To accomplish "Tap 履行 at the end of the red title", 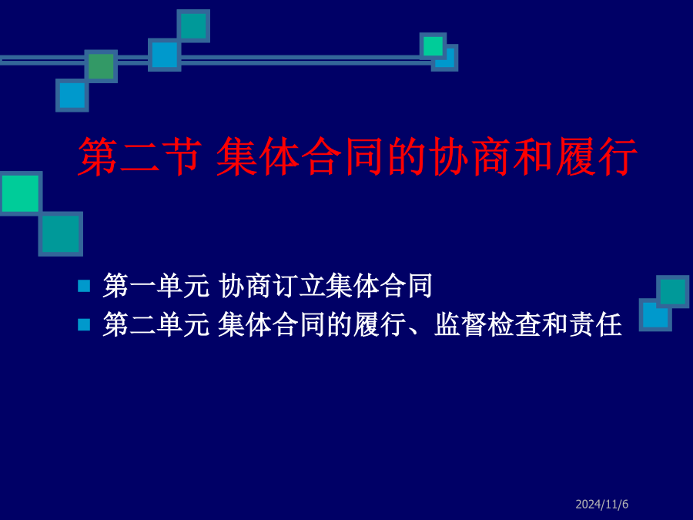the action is click(596, 156).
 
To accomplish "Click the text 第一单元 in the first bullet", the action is click(156, 286).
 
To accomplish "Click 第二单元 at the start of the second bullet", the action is click(156, 324).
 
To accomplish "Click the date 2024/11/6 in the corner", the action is click(601, 504).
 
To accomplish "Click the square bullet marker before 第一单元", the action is click(84, 286).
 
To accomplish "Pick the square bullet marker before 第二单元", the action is click(84, 325).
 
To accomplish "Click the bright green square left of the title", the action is click(21, 193).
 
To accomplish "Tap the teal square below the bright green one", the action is click(61, 234).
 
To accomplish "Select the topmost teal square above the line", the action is click(193, 26).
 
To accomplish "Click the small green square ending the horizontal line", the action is click(433, 46).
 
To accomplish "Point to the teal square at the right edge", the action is click(673, 291).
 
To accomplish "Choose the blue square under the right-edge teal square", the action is click(655, 315).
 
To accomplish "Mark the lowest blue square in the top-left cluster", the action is click(72, 95).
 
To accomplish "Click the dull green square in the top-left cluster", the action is click(101, 66).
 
